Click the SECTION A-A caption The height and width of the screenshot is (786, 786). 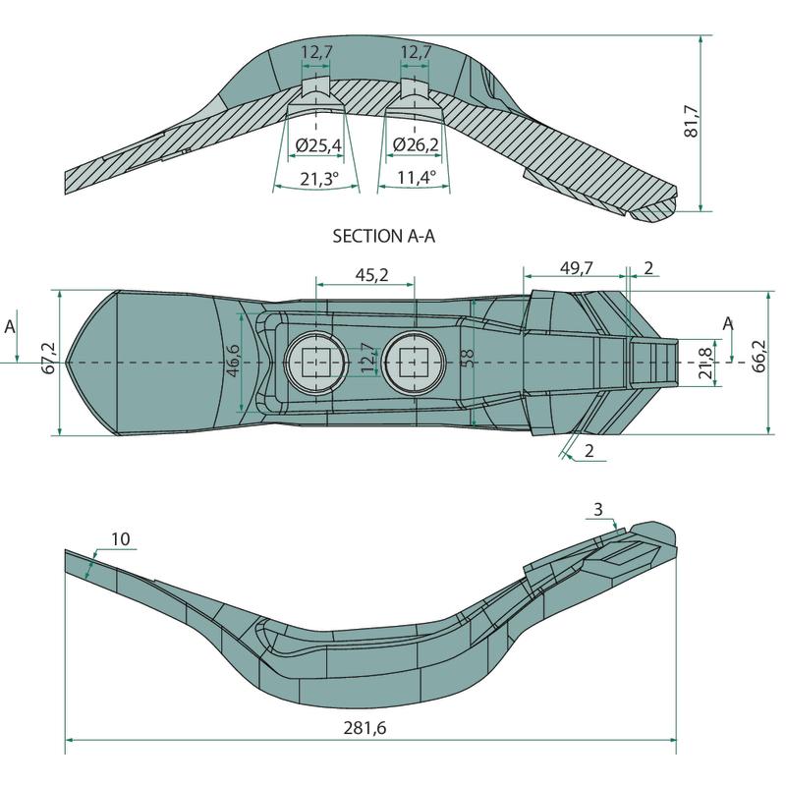pyautogui.click(x=383, y=236)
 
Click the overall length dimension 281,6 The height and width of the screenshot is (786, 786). pyautogui.click(x=365, y=727)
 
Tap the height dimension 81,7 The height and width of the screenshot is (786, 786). pyautogui.click(x=691, y=121)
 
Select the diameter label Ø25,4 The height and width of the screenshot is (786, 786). pyautogui.click(x=318, y=145)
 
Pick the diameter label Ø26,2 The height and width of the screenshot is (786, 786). pyautogui.click(x=416, y=144)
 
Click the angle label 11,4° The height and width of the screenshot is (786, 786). pyautogui.click(x=417, y=177)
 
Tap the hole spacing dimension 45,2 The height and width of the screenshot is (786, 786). pyautogui.click(x=371, y=275)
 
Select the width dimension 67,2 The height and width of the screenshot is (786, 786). pyautogui.click(x=49, y=358)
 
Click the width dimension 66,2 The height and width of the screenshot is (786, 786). pyautogui.click(x=759, y=356)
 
